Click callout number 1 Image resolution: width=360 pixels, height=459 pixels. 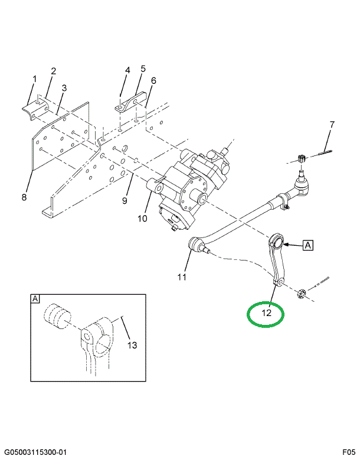tap(35, 79)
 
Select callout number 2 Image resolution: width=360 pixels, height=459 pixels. tap(53, 71)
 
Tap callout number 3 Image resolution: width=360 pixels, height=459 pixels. tap(64, 88)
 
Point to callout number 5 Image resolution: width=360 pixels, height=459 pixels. tap(143, 69)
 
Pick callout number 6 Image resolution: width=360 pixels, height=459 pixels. tap(153, 80)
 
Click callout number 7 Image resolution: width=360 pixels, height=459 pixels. tap(332, 125)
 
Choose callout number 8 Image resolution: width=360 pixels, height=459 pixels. tap(24, 197)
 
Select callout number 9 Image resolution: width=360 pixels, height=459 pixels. tap(125, 201)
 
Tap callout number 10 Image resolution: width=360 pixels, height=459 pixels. tap(142, 219)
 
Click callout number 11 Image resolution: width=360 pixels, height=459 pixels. tap(182, 276)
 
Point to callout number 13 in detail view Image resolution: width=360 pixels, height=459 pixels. tap(132, 345)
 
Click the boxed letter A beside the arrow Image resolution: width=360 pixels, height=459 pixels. tap(307, 245)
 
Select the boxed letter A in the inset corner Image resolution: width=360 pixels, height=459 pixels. tap(35, 299)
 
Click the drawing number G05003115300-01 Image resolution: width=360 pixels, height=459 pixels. tap(35, 453)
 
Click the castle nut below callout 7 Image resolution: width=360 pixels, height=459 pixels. tap(301, 159)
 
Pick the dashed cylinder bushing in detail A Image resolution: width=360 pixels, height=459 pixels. tap(58, 316)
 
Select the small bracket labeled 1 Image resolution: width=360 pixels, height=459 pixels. tap(35, 109)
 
